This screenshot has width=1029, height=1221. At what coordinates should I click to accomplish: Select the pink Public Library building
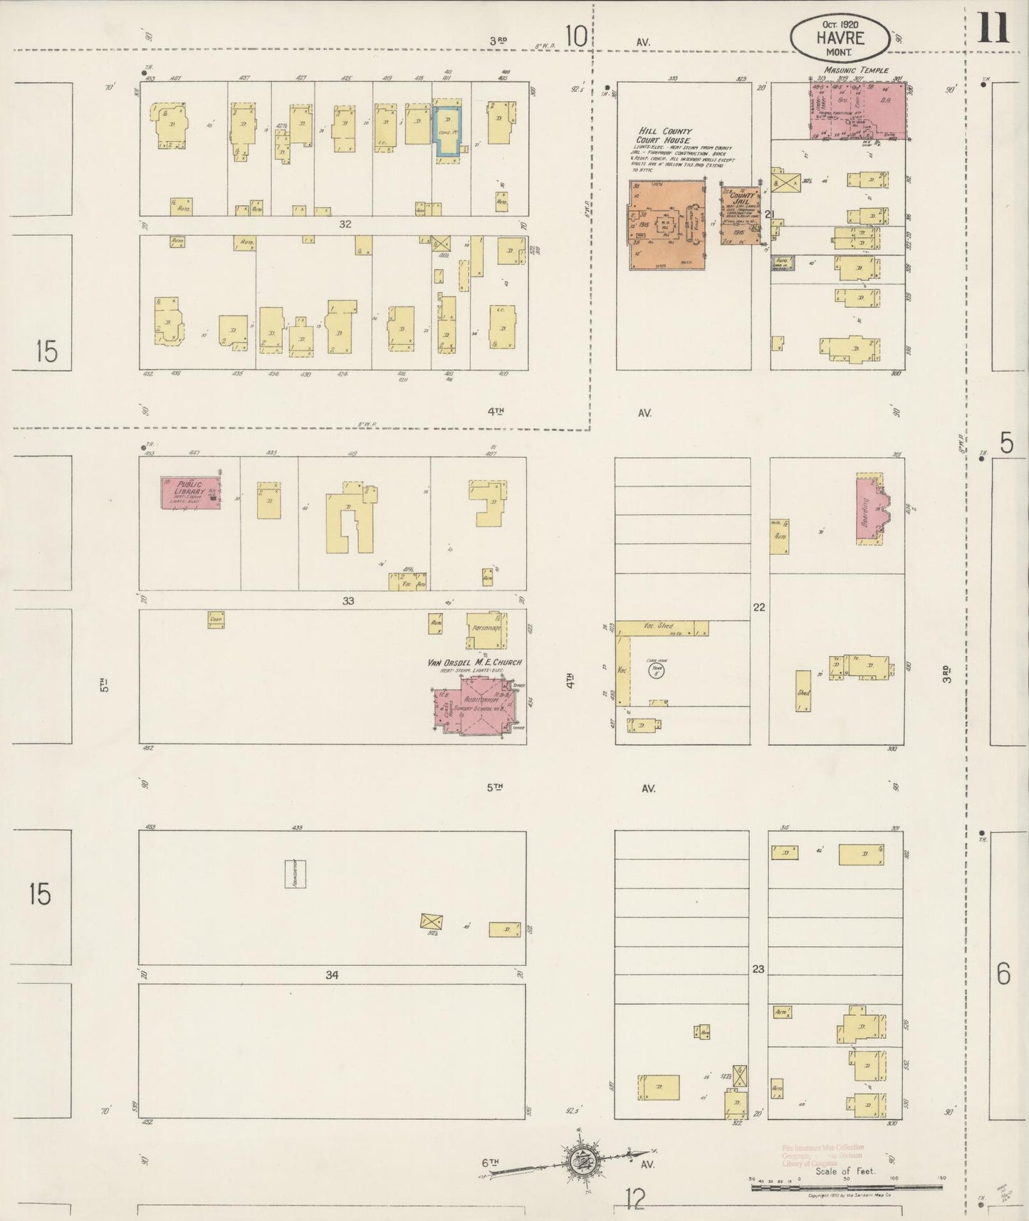point(189,492)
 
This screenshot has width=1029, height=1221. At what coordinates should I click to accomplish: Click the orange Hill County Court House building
point(666,225)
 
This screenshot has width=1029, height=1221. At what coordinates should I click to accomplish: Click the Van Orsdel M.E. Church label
point(474,663)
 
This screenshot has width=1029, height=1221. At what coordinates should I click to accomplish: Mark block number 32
point(345,224)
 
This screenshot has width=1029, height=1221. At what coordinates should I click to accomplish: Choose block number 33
point(348,601)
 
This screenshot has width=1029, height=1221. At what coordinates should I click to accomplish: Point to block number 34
point(332,975)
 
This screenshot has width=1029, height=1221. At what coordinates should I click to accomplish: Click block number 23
point(758,969)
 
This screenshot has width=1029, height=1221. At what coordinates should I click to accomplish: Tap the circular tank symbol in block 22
point(656,671)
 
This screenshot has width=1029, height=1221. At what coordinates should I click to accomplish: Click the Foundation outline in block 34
point(296,873)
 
